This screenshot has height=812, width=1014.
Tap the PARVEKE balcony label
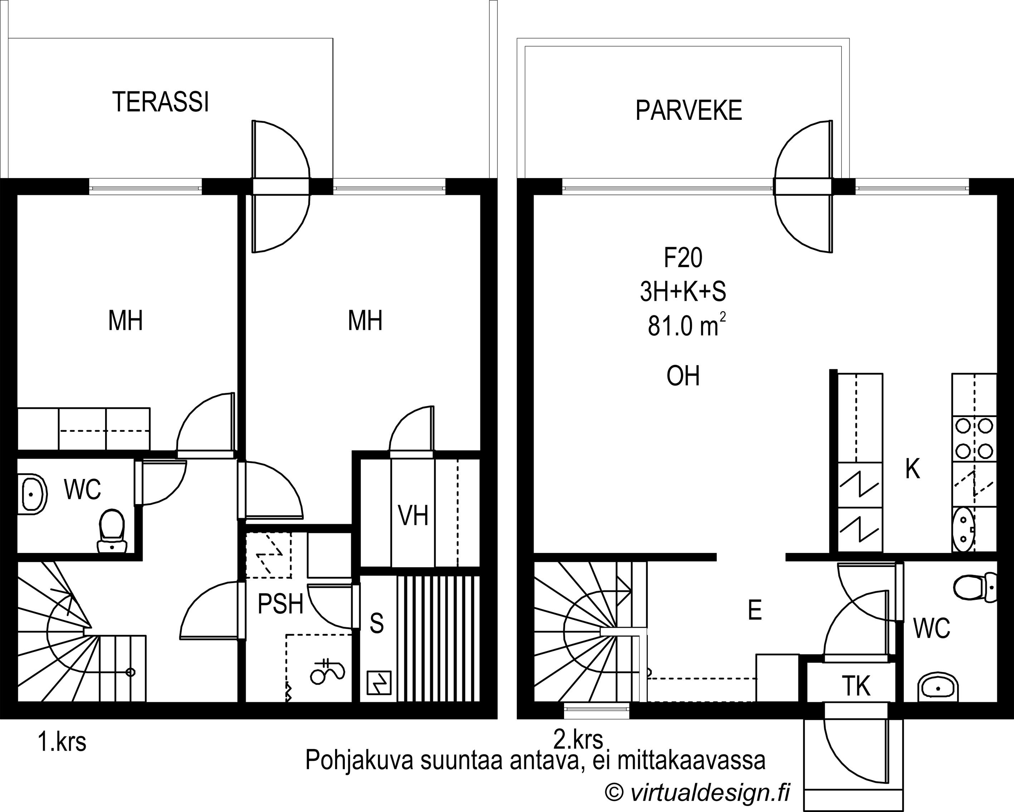click(x=689, y=111)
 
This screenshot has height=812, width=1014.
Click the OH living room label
click(x=683, y=376)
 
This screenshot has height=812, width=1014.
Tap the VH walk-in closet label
click(x=413, y=515)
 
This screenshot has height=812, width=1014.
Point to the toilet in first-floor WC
click(x=112, y=530)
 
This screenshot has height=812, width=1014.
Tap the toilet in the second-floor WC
click(x=975, y=587)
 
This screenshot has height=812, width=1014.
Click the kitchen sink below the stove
click(x=963, y=530)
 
